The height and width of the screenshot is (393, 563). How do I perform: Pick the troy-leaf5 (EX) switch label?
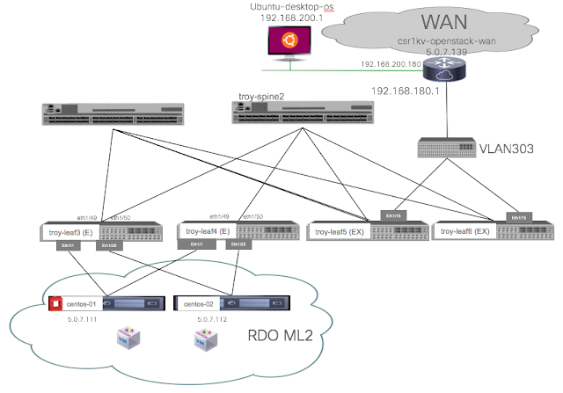pyautogui.click(x=340, y=231)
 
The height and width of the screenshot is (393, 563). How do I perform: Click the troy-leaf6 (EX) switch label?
pyautogui.click(x=464, y=231)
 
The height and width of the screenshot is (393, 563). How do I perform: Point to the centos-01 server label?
pyautogui.click(x=80, y=303)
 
